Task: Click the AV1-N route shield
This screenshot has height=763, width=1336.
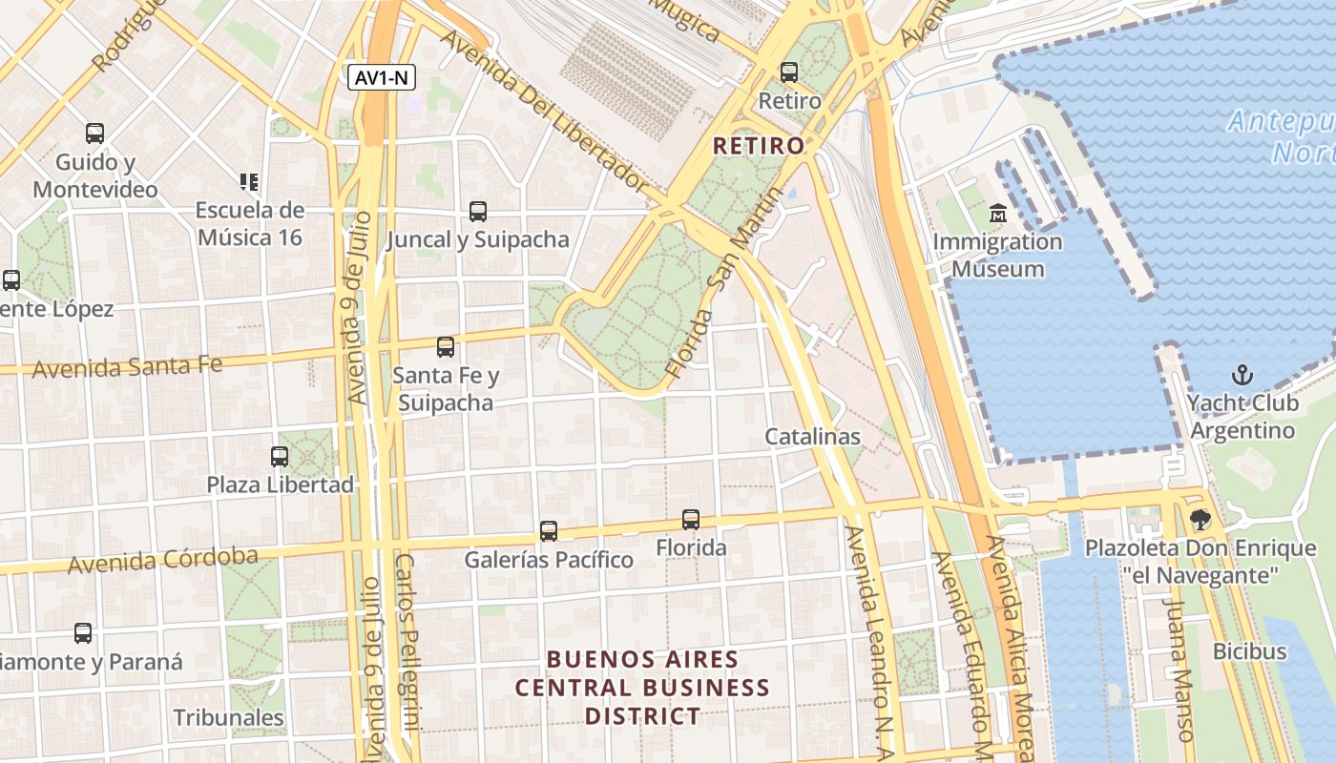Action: coord(382,78)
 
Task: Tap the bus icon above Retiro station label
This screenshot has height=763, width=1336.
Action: coord(788,72)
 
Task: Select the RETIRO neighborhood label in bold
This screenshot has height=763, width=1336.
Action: coord(759,146)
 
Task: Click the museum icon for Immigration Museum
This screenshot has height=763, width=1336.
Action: coord(998,212)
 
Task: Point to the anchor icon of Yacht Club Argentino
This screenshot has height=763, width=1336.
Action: coord(1242,374)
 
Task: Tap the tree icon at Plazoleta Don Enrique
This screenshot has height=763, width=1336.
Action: coord(1200,520)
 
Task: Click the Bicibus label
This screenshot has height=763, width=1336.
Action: coord(1249,652)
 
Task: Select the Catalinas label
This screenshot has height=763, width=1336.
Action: coord(812,437)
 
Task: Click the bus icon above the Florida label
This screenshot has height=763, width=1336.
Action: coord(691,520)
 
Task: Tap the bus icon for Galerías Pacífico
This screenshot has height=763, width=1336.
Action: coord(548,531)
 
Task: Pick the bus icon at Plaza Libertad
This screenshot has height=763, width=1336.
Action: coord(279,457)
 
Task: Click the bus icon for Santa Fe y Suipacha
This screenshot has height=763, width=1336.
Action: coord(445,347)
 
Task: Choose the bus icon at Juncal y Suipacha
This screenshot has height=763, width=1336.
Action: coord(477,212)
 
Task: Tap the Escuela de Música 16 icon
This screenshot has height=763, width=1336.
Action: coord(249,181)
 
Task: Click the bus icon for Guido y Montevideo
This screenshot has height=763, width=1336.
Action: coord(94,134)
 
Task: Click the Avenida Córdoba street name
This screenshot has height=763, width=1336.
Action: coord(162,561)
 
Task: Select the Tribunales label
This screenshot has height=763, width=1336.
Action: coord(228,717)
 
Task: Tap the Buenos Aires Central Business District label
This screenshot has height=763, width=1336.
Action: coord(642,688)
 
